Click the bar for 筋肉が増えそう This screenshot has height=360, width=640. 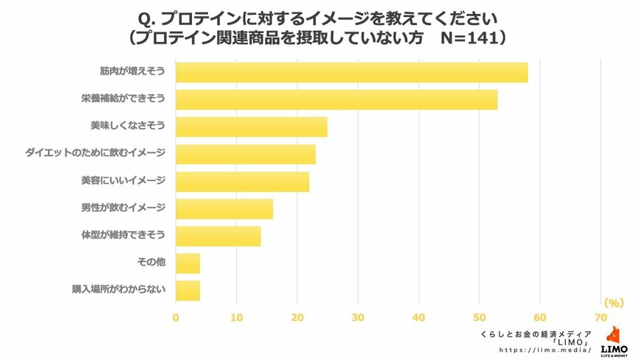tap(352, 73)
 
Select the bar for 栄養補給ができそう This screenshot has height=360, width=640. tap(336, 100)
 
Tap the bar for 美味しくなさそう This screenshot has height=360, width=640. tap(252, 127)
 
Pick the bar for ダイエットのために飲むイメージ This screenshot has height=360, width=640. tap(246, 154)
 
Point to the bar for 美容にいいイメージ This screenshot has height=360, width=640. tap(243, 181)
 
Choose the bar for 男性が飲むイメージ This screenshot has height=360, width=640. tap(224, 209)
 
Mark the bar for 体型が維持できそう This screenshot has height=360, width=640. tap(218, 236)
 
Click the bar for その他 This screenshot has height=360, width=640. tap(188, 263)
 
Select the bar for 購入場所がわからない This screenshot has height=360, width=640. tap(188, 290)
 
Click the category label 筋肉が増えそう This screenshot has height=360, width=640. tap(132, 72)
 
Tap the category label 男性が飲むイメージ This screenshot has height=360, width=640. tap(123, 208)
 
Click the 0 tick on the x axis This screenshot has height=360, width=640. tap(176, 317)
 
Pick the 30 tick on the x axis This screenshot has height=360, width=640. tap(358, 317)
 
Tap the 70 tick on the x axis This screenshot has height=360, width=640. tap(601, 317)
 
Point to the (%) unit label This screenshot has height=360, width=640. tap(613, 303)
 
